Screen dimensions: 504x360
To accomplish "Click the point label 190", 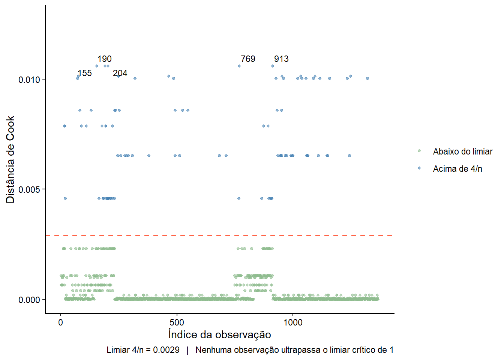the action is [x=104, y=59].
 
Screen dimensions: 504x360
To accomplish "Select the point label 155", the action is [x=85, y=73].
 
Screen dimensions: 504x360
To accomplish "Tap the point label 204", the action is [x=120, y=73].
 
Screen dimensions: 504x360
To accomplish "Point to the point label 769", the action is [x=248, y=59].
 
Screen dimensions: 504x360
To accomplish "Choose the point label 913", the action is [x=281, y=59].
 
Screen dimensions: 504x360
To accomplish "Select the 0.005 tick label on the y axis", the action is [x=29, y=190].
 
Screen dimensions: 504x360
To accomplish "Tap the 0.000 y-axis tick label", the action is [x=29, y=300].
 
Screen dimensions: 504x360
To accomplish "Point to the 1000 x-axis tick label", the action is [x=293, y=322].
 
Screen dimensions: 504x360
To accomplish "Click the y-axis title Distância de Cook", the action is [x=10, y=159].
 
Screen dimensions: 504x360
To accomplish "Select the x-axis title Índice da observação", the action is [x=220, y=334].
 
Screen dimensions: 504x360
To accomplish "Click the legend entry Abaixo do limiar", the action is [x=463, y=151].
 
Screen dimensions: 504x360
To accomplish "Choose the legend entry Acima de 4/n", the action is [x=457, y=169].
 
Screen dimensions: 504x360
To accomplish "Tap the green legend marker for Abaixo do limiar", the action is [x=419, y=151].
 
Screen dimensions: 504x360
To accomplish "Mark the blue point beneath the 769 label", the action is [x=239, y=66].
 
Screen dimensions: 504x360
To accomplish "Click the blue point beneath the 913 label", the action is [x=273, y=66].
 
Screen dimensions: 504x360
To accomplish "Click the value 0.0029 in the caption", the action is [x=166, y=350].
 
